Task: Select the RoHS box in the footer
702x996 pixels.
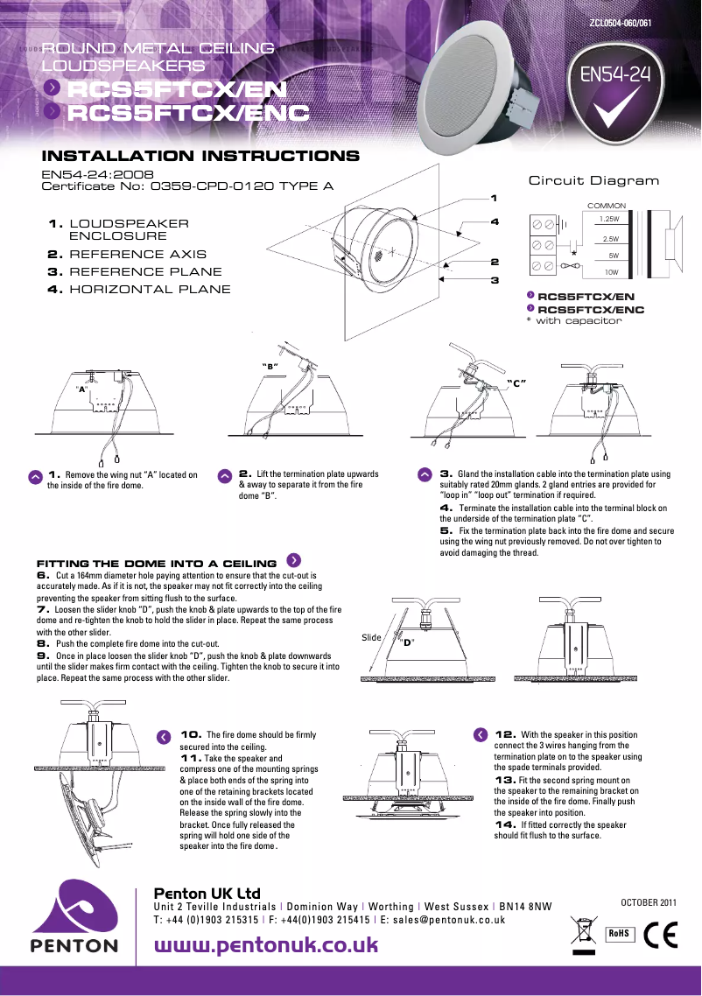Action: tap(619, 934)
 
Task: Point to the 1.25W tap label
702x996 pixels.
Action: tap(609, 219)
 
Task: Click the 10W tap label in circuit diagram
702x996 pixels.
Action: tap(612, 272)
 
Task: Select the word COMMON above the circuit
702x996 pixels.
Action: tap(606, 206)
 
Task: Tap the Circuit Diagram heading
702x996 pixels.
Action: tap(593, 180)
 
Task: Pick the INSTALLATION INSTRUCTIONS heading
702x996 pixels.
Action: tap(200, 157)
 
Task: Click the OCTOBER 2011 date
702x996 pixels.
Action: tap(649, 901)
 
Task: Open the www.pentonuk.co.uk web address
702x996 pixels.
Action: tap(266, 945)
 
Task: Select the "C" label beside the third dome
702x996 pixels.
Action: tap(516, 383)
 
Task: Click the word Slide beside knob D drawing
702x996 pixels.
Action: tap(371, 637)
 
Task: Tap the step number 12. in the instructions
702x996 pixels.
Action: tap(505, 734)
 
